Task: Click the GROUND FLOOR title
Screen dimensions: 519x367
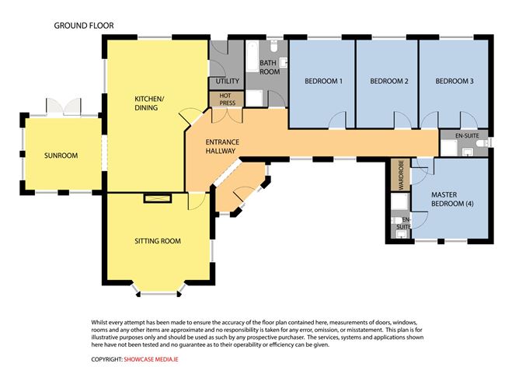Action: (84, 26)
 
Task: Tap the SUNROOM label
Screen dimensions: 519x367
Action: (61, 156)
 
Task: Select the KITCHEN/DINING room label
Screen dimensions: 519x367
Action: (149, 103)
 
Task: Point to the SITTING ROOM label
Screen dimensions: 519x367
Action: (158, 241)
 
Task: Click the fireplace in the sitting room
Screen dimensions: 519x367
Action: (158, 198)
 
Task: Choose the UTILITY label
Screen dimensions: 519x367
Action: (228, 81)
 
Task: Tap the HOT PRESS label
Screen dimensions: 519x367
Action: (228, 100)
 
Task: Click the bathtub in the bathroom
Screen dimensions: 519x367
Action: (253, 56)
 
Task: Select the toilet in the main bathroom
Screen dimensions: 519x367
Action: (274, 47)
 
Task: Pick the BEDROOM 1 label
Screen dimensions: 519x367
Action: (323, 81)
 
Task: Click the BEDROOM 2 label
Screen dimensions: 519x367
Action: (389, 81)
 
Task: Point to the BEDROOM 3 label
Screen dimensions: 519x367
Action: (454, 81)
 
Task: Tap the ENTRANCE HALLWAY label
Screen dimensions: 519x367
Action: (222, 146)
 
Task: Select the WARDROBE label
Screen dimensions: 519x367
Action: (401, 175)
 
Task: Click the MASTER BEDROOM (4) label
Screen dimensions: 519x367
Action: (452, 199)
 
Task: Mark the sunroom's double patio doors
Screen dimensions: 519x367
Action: (64, 107)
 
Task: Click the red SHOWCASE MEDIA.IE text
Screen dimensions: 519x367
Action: (151, 359)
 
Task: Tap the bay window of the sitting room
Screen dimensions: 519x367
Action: (158, 292)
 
